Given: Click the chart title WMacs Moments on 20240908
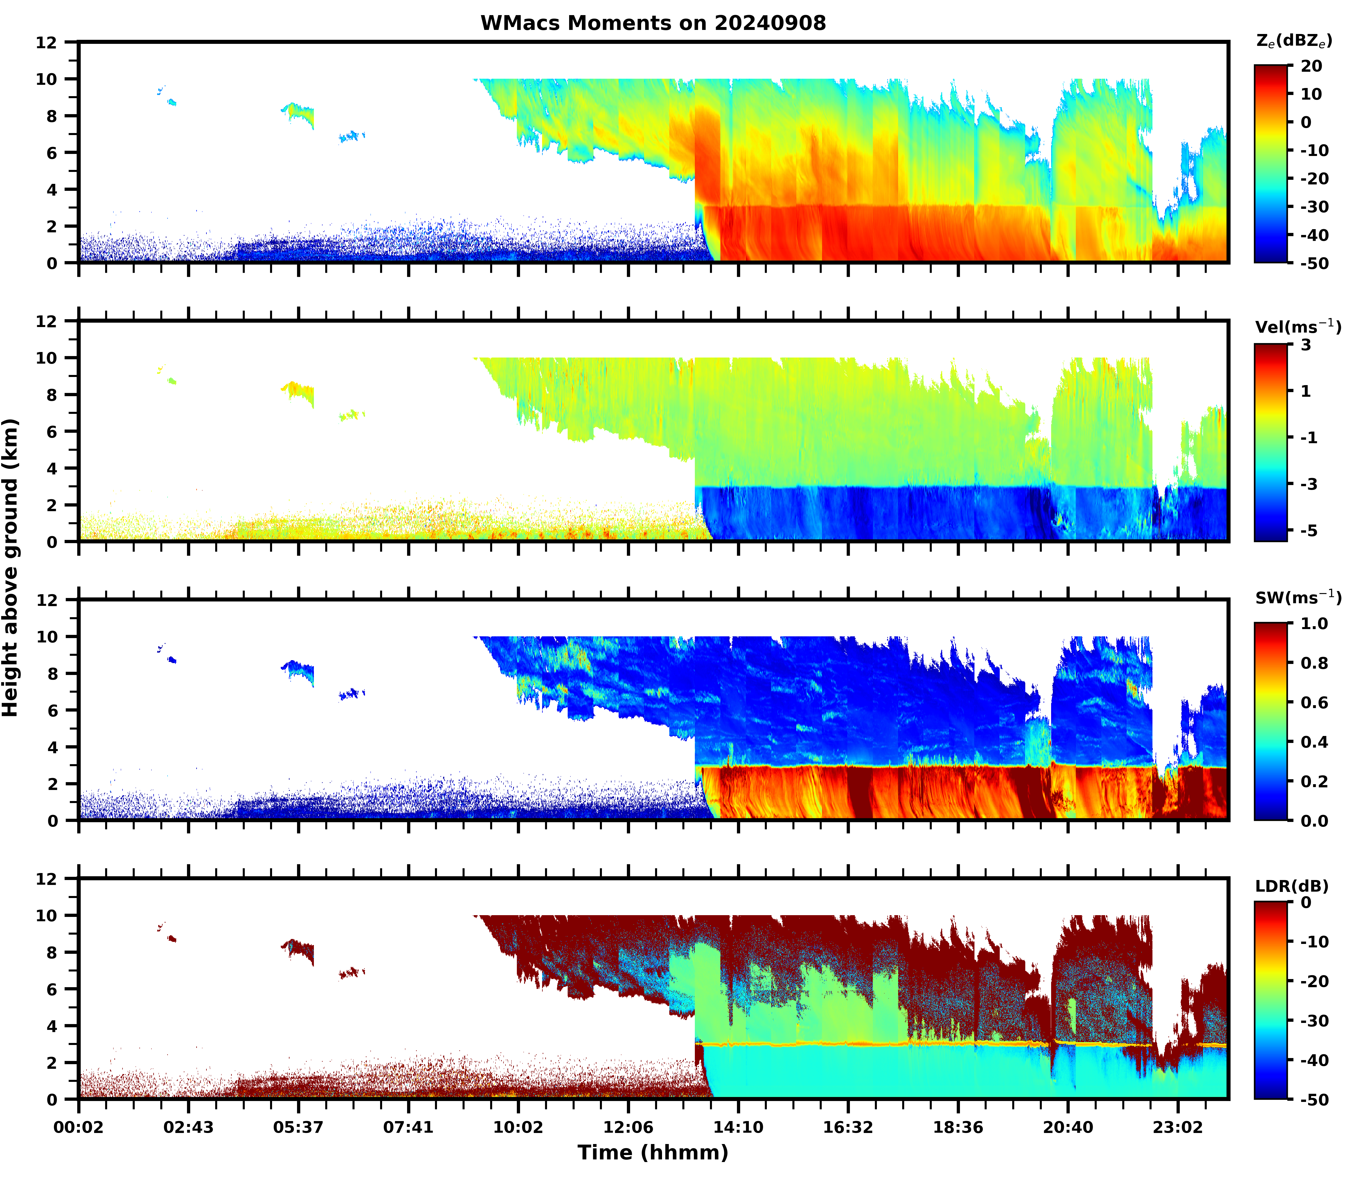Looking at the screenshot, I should tap(653, 23).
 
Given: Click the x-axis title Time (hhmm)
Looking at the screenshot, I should tap(653, 1152).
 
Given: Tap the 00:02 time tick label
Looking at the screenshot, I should tap(79, 1127).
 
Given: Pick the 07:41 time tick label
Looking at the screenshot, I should tap(408, 1127).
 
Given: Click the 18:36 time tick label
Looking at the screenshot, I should tap(958, 1127).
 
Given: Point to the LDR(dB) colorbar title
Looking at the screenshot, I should tap(1292, 886).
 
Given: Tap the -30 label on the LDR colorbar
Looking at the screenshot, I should tap(1313, 1021).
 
